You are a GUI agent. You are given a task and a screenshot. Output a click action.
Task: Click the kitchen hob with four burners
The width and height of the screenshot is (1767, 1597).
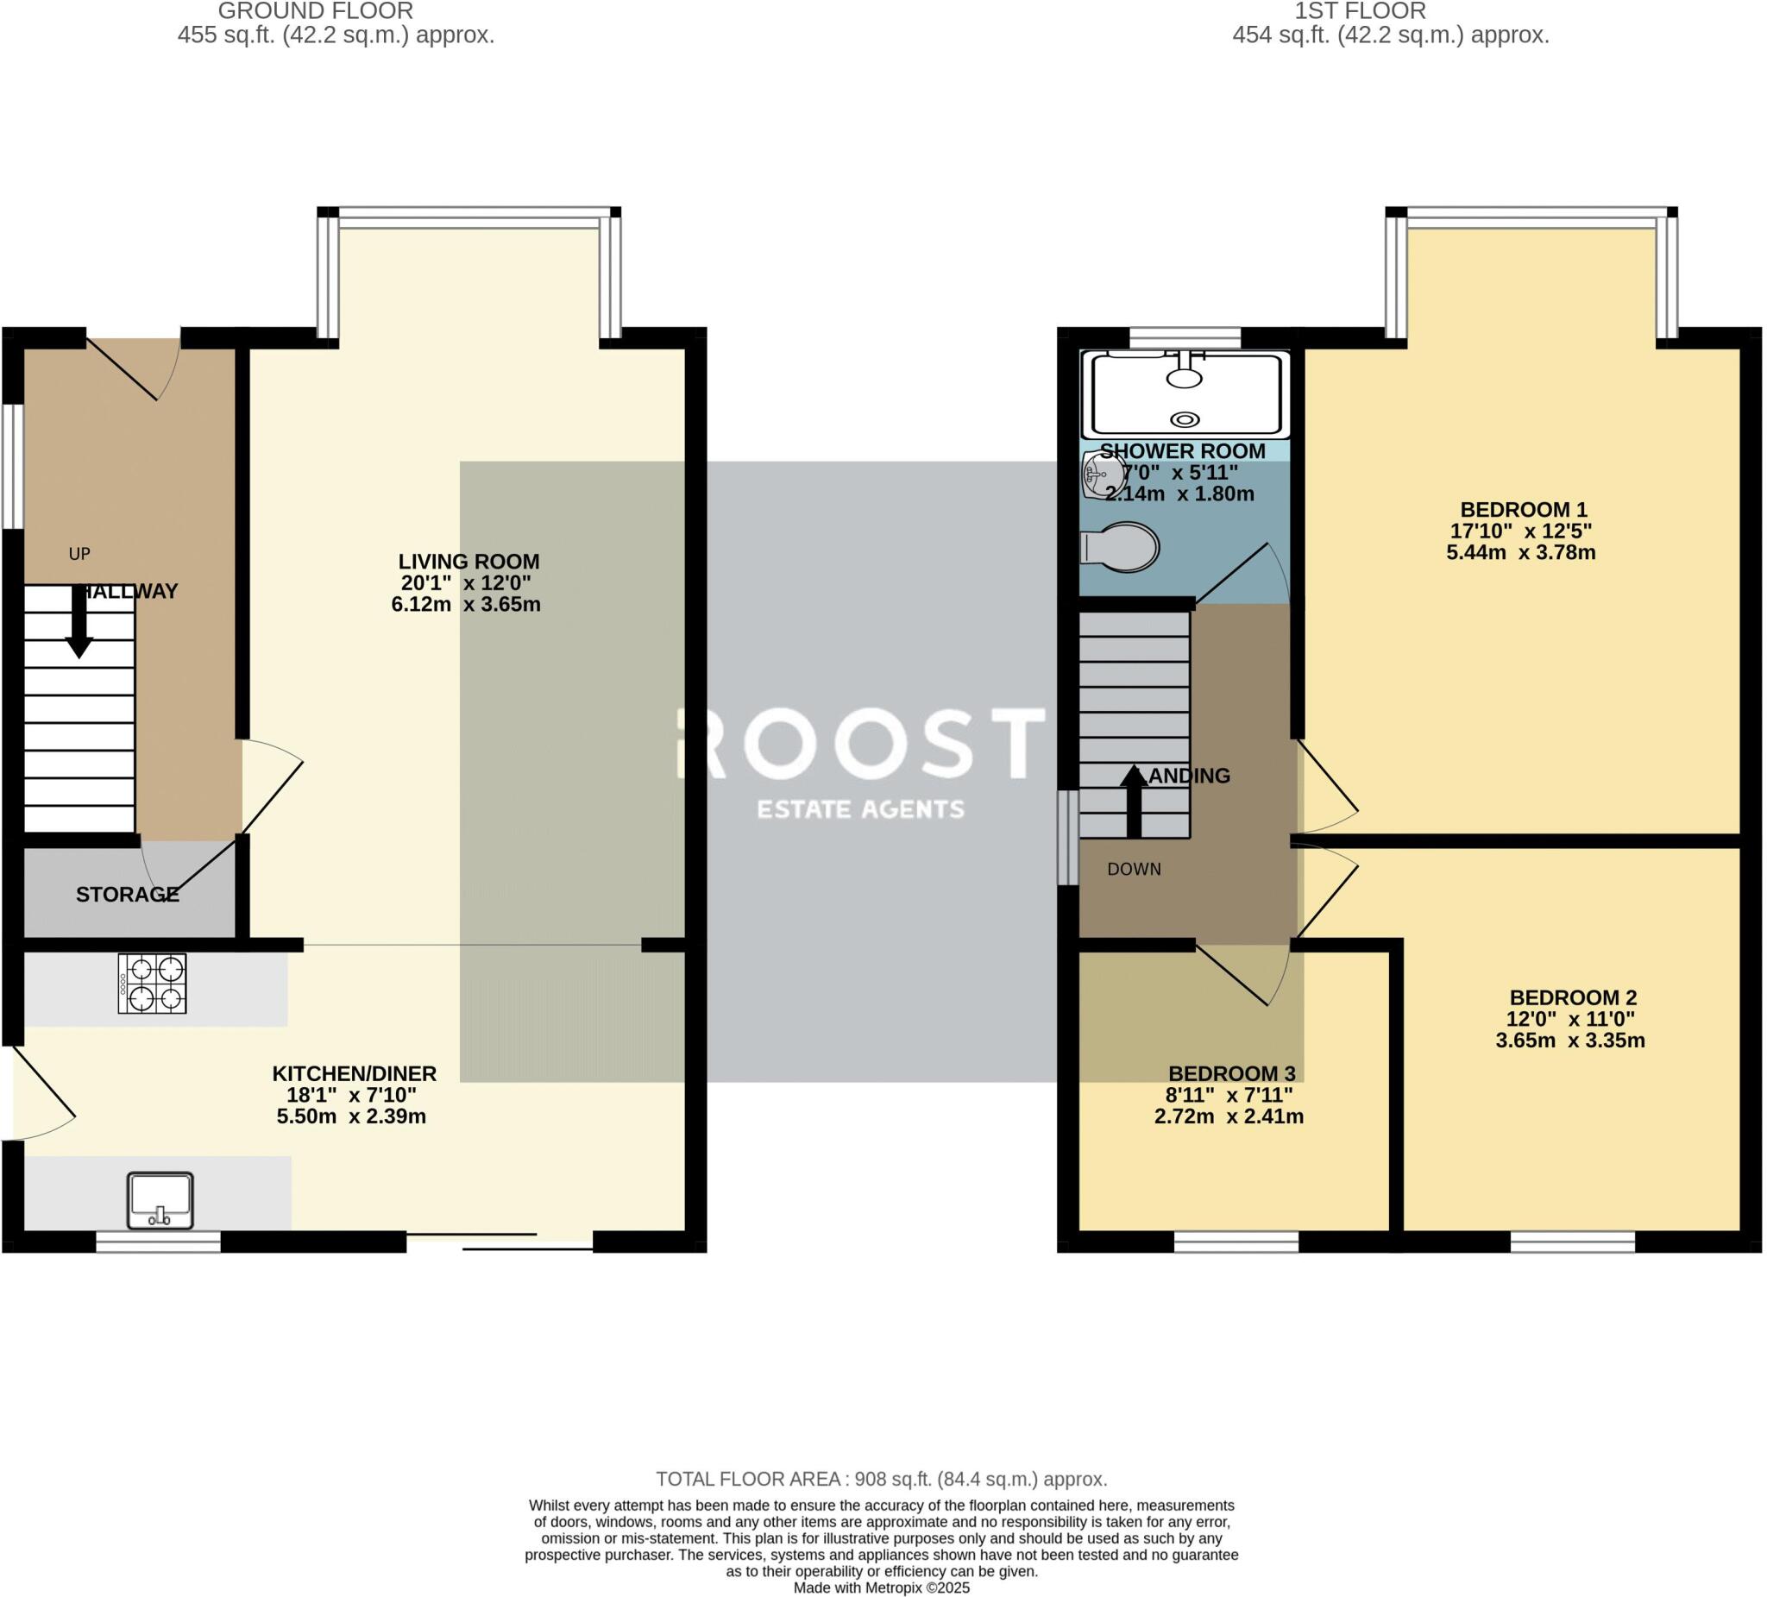click(153, 984)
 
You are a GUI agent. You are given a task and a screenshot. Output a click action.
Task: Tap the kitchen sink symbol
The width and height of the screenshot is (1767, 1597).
click(160, 1201)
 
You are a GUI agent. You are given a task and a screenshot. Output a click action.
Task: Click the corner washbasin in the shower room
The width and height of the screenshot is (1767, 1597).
click(1096, 475)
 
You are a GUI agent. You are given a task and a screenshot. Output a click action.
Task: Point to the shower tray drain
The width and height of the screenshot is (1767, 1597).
click(1185, 420)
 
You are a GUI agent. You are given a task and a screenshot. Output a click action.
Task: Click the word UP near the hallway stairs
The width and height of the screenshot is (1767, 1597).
click(79, 554)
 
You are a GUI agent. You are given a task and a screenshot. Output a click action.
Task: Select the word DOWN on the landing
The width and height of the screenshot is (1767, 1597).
click(1135, 870)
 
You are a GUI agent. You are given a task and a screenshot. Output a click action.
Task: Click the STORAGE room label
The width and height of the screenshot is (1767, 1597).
click(128, 895)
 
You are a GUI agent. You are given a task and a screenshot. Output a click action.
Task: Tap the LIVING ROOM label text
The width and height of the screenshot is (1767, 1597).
click(468, 562)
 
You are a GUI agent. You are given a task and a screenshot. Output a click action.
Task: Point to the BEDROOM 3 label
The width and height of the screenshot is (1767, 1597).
click(1231, 1073)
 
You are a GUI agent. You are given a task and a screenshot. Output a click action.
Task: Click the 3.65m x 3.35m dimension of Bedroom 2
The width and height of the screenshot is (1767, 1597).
click(1569, 1041)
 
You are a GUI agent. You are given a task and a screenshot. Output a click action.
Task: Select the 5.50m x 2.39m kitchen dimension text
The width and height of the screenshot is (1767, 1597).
click(351, 1117)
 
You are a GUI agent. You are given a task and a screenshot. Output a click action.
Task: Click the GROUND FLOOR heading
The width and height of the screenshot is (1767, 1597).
click(316, 11)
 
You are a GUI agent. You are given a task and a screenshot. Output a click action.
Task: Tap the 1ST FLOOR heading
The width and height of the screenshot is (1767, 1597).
click(1361, 11)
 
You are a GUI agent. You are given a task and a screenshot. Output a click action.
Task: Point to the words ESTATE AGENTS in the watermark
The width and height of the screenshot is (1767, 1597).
click(861, 809)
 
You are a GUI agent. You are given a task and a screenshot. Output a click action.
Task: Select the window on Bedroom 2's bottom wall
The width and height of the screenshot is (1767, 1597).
click(1572, 1242)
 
